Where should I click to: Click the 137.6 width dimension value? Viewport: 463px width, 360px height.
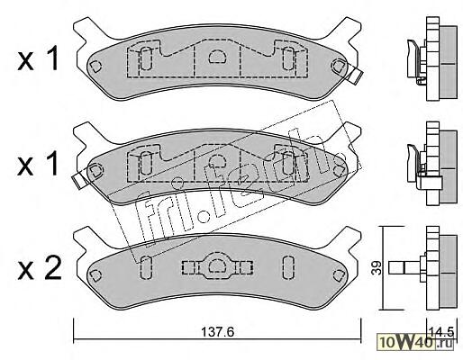tap(217, 332)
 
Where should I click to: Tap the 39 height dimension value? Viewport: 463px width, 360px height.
tap(377, 268)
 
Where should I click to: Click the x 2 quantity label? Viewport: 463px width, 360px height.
tap(39, 268)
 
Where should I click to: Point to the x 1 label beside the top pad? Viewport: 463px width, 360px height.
tap(38, 59)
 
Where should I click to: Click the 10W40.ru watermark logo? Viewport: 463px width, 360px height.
tap(415, 341)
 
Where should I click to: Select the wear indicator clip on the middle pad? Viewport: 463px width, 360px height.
tap(80, 179)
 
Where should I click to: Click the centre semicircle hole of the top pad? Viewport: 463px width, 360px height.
tap(217, 56)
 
